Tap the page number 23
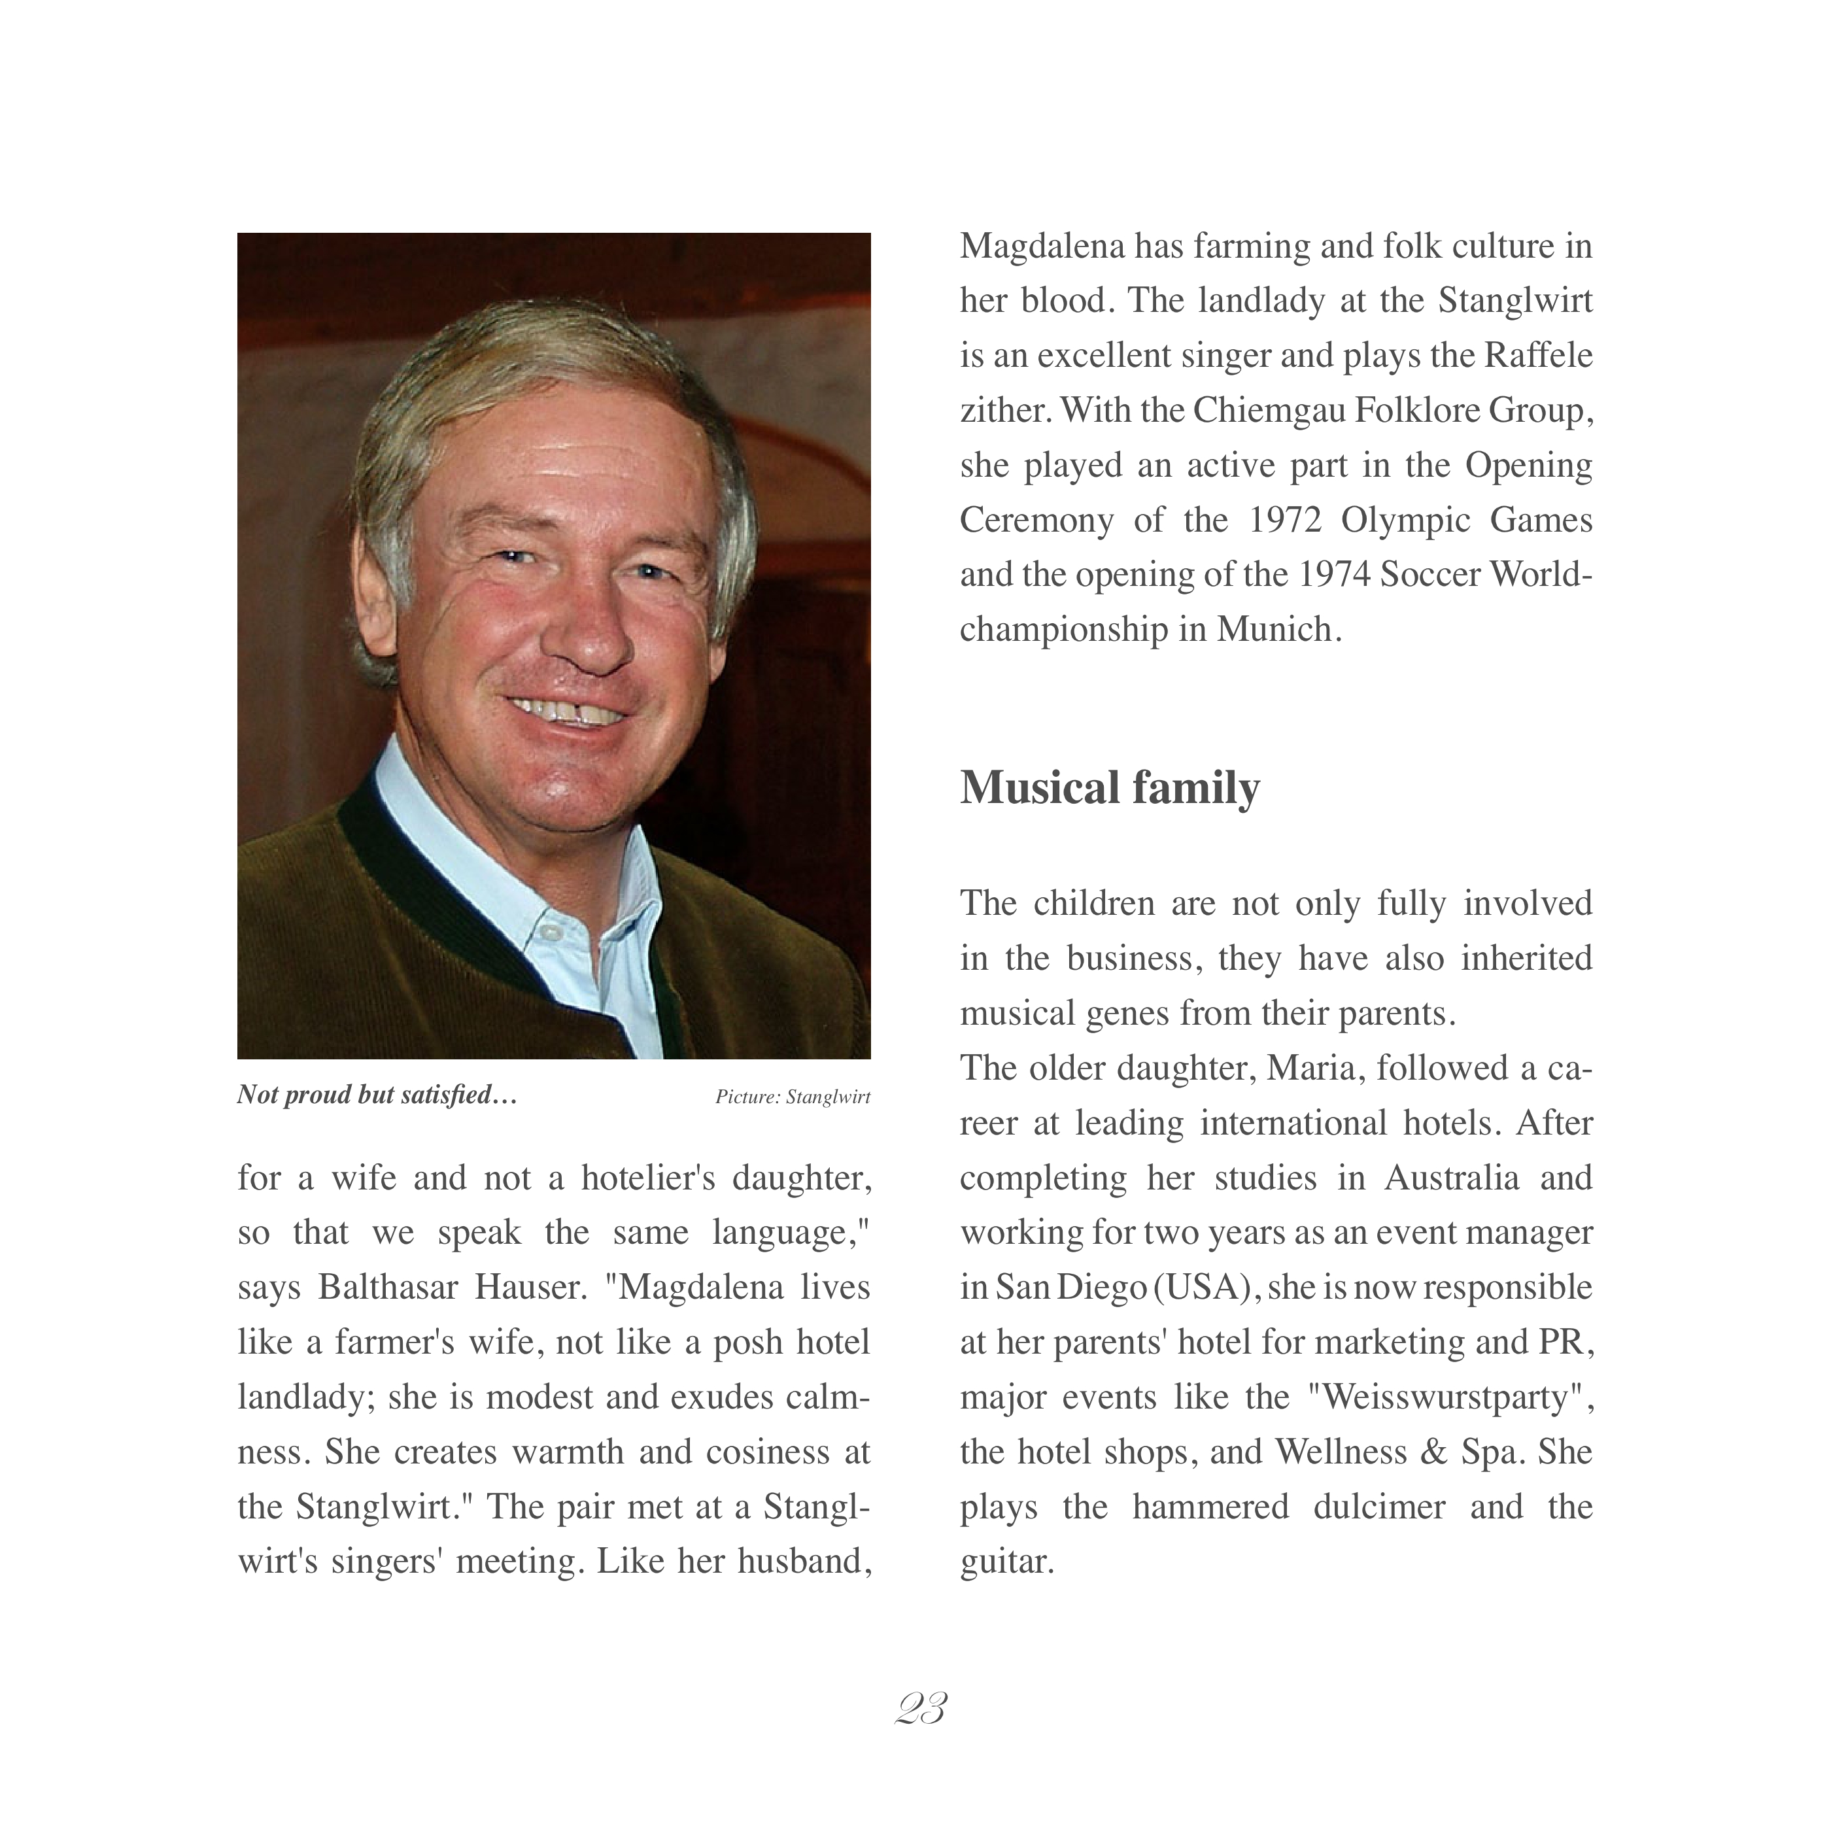920,1709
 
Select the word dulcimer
1379,1507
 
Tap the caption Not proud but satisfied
376,1095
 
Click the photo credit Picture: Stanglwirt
793,1097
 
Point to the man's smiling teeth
566,711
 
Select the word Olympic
1405,521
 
